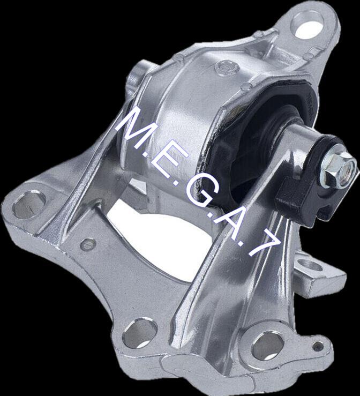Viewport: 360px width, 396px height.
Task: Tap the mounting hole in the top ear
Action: [x=309, y=26]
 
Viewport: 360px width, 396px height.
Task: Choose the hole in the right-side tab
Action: [x=312, y=266]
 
